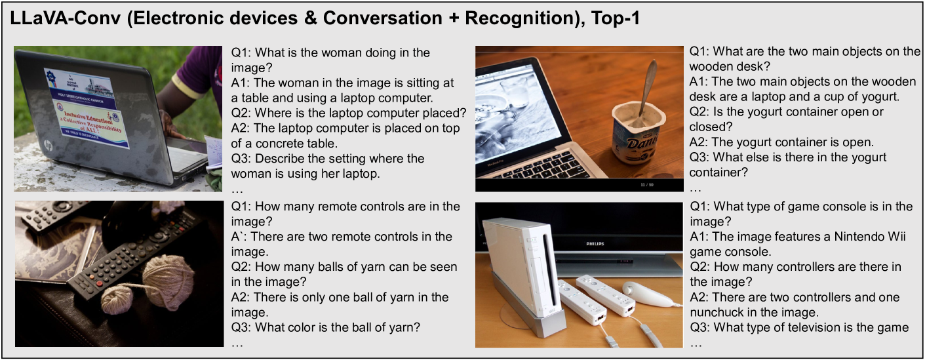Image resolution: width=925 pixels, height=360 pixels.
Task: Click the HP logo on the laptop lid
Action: point(49,146)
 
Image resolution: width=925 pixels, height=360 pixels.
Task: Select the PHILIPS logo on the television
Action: point(595,244)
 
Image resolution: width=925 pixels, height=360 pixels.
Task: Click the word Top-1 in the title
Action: point(616,18)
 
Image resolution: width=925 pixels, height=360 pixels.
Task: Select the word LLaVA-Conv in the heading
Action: point(66,18)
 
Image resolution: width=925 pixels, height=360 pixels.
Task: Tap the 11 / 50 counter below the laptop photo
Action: point(647,184)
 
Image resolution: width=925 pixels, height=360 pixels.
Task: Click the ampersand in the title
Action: point(309,18)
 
